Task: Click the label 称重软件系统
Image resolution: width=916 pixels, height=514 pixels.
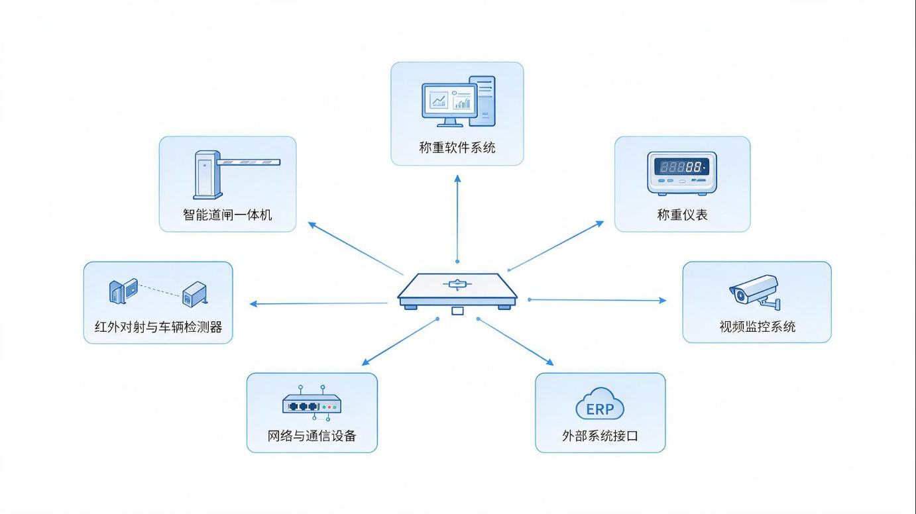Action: tap(457, 148)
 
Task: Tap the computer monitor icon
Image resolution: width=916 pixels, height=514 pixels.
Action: tap(449, 105)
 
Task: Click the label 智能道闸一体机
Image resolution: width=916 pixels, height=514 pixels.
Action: tap(227, 215)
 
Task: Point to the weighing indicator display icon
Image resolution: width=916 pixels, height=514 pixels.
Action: tap(682, 172)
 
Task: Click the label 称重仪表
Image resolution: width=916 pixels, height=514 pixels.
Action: tap(682, 215)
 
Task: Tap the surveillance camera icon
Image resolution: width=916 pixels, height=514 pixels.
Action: tap(755, 291)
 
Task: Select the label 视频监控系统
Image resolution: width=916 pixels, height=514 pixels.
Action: tap(758, 327)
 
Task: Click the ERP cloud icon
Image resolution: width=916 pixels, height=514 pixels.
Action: tap(600, 404)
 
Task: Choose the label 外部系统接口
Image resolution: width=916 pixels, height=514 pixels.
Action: tap(600, 436)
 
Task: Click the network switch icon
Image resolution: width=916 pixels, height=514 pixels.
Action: tap(312, 403)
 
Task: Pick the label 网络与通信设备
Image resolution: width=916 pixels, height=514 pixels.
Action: tap(312, 436)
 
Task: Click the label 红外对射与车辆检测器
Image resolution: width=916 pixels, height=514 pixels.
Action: tap(158, 327)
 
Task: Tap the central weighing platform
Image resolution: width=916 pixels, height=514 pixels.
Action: tap(457, 291)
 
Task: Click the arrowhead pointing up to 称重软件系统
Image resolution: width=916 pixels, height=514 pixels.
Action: tap(457, 179)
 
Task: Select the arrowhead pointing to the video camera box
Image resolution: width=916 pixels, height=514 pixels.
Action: tap(662, 300)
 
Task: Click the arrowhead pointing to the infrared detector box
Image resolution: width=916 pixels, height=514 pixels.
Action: tap(254, 303)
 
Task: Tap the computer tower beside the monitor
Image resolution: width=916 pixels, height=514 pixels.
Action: tap(482, 101)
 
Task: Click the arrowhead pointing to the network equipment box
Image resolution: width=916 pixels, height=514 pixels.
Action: tap(366, 362)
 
